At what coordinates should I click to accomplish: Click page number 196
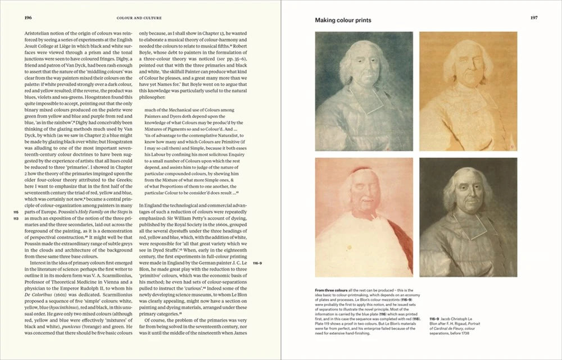point(28,17)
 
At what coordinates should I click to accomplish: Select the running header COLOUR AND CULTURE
point(139,18)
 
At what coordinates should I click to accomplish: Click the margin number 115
point(16,212)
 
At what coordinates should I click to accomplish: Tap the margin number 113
point(16,218)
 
